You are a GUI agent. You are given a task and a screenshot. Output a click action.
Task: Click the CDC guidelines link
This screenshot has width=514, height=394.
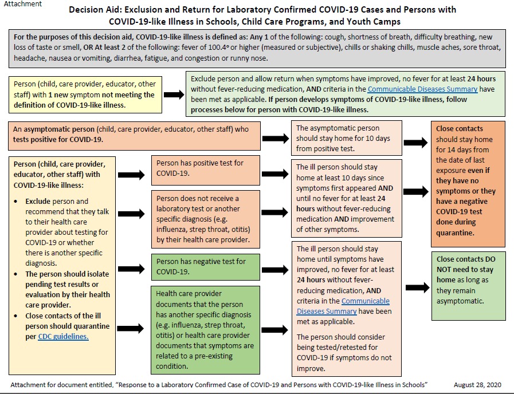point(63,336)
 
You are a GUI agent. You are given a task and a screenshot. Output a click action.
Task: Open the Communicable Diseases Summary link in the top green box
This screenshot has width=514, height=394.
point(422,89)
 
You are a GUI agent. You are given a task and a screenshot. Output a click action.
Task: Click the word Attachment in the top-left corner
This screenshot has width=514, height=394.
point(23,4)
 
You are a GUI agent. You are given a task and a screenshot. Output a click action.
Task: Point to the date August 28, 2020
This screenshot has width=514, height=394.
point(478,385)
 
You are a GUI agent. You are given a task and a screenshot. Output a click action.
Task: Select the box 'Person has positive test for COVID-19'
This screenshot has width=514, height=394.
point(206,170)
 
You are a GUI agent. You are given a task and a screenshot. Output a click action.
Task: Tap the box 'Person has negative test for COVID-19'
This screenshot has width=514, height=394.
point(206,267)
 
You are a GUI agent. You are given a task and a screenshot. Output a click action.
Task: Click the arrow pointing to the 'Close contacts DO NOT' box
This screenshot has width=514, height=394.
point(417,287)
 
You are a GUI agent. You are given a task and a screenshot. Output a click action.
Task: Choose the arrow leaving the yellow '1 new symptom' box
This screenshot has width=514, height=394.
point(174,94)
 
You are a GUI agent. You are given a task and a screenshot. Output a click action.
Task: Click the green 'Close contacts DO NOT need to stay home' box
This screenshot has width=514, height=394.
point(469,286)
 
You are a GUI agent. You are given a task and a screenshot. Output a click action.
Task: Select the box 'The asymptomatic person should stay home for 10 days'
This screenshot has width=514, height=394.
point(347,138)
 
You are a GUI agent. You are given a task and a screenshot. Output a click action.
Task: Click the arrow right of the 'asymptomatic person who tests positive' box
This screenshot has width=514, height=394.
point(276,139)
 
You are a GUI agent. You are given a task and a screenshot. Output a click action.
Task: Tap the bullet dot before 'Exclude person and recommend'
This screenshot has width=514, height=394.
point(15,202)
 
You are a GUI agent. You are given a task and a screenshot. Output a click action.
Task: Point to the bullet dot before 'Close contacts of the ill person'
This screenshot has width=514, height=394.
point(15,316)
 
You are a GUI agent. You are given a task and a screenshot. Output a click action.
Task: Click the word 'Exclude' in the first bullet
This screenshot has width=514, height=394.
point(38,201)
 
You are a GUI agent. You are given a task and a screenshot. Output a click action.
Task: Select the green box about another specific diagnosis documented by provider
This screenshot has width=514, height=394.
point(205,330)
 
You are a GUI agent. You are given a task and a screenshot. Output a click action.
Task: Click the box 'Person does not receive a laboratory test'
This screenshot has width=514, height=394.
point(206,219)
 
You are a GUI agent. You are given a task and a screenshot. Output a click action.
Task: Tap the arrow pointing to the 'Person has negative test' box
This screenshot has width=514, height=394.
point(131,269)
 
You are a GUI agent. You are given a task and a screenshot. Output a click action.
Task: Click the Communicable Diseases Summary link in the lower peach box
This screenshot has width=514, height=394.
point(343,306)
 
